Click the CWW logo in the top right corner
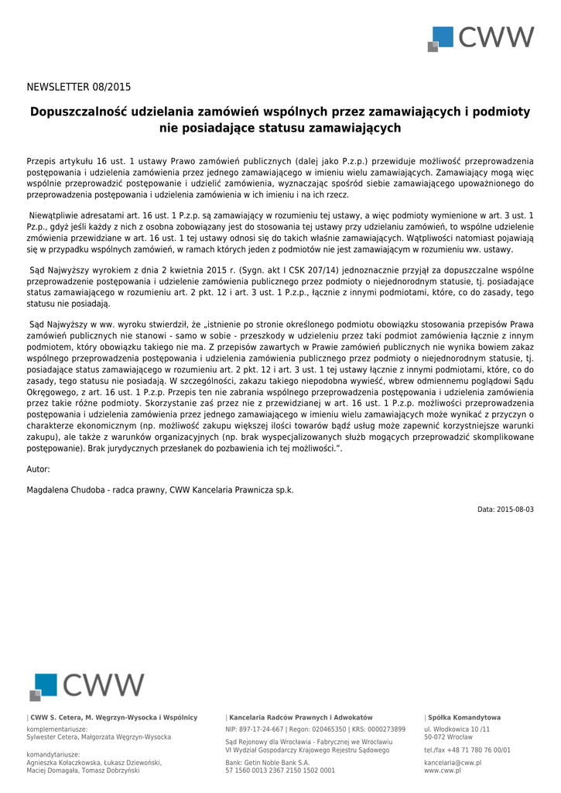click(481, 38)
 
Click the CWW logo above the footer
click(87, 685)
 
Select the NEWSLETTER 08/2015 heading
click(79, 87)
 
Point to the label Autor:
click(38, 469)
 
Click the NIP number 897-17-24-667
click(262, 729)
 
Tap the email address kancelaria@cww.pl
click(453, 763)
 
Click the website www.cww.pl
click(442, 771)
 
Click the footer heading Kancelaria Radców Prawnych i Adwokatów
click(300, 718)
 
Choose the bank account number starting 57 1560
click(280, 771)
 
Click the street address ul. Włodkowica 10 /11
click(457, 729)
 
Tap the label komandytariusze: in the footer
click(53, 754)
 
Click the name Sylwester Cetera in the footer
click(55, 737)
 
